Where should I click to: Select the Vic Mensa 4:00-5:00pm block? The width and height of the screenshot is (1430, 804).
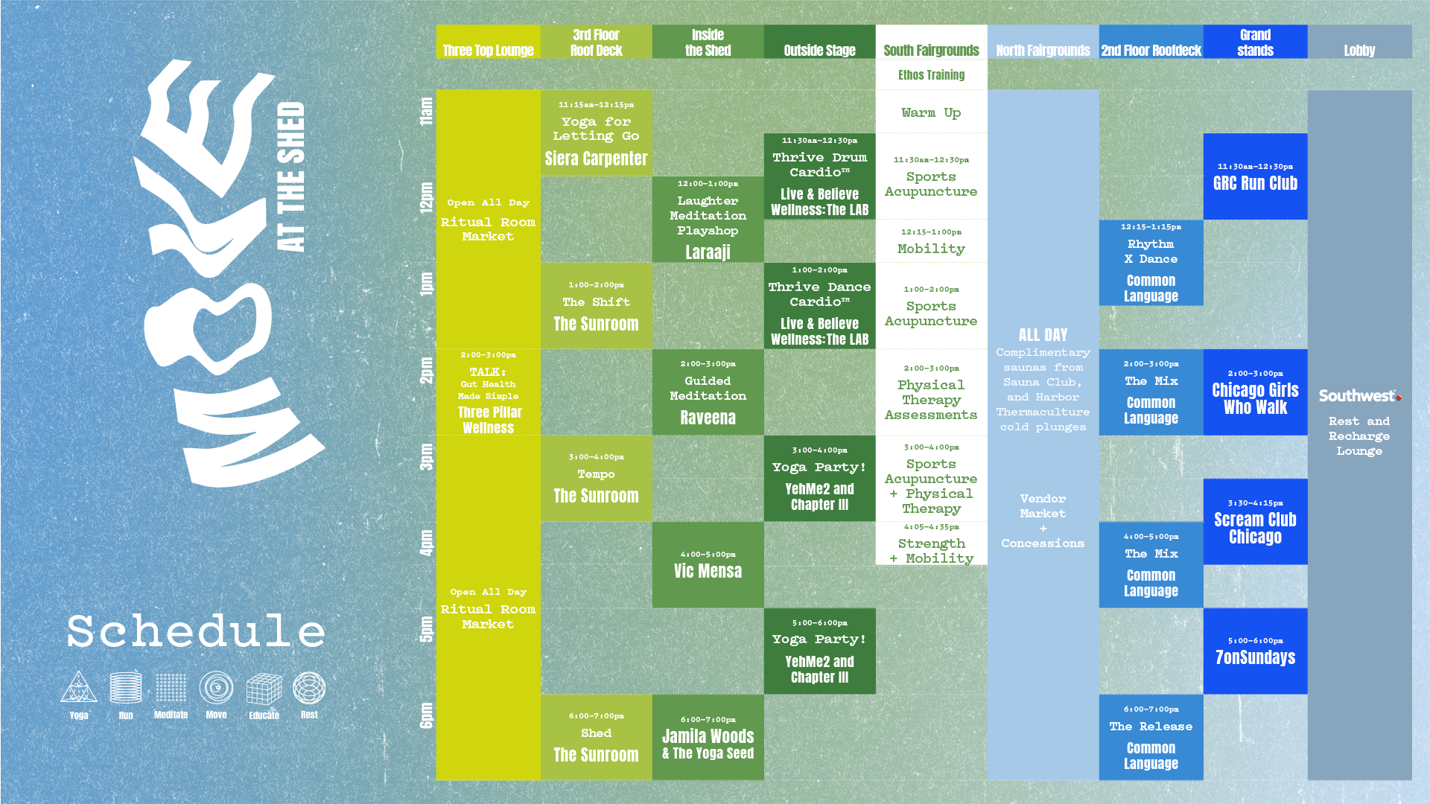[708, 565]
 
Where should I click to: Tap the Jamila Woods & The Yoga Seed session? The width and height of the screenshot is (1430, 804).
[708, 738]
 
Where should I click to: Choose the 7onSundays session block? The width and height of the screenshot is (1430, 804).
[1255, 651]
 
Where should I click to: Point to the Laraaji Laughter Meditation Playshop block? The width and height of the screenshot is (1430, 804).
[708, 220]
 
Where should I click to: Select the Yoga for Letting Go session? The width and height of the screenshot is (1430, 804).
[596, 133]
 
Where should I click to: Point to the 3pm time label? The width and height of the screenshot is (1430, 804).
[426, 456]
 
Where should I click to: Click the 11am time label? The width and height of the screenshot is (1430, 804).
[426, 111]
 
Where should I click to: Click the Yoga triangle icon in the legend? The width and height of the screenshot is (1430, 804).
[78, 689]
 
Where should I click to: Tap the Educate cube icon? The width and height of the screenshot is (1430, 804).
[264, 689]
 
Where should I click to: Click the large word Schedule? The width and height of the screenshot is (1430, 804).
[197, 631]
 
